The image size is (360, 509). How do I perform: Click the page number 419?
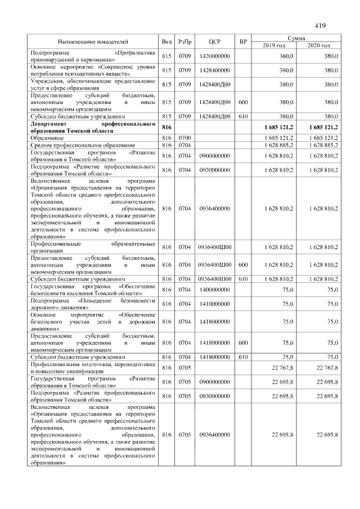[321, 25]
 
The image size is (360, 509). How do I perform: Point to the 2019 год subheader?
[274, 45]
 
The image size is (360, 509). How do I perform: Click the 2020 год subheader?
[319, 45]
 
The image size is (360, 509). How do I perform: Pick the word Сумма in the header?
[296, 38]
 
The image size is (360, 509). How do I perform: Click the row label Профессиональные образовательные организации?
[93, 247]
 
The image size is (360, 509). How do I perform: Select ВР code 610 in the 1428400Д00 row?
[243, 116]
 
